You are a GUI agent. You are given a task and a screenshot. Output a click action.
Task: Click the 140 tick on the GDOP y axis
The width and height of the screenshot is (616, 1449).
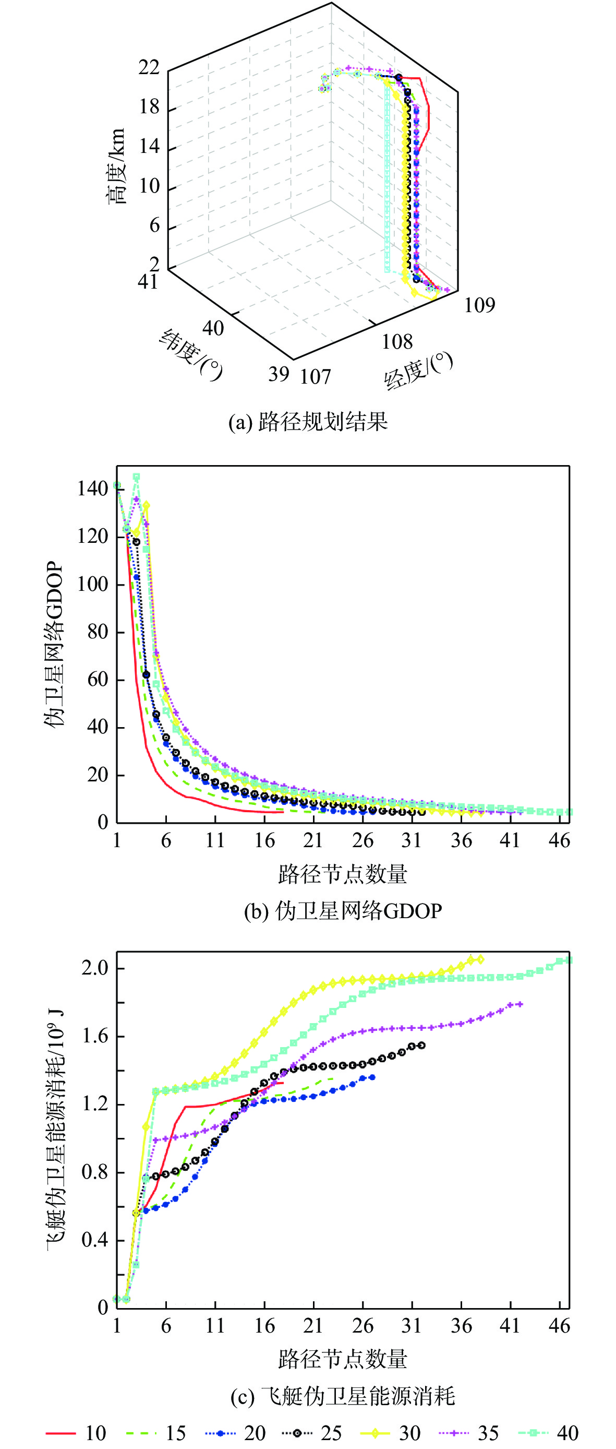[x=93, y=488]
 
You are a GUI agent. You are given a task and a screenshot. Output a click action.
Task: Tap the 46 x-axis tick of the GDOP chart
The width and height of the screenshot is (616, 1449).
[x=559, y=840]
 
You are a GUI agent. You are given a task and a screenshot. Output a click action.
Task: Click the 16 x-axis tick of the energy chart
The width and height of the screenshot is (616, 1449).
[x=264, y=1326]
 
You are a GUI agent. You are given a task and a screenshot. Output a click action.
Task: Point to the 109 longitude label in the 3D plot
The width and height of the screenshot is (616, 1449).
[x=479, y=305]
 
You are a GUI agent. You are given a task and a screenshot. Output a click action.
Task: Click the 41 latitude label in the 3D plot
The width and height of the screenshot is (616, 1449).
[x=148, y=281]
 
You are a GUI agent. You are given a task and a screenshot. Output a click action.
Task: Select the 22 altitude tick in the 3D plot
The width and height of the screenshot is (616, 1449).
[x=149, y=67]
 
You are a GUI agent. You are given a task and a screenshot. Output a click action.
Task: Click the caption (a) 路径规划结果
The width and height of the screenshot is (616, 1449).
[x=307, y=421]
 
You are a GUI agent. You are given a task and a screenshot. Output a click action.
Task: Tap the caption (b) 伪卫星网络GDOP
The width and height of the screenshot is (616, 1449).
[x=343, y=910]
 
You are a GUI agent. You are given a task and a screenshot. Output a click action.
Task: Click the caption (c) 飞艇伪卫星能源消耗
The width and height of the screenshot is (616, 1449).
[x=343, y=1396]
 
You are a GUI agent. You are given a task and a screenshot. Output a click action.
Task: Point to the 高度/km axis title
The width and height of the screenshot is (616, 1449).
[x=116, y=166]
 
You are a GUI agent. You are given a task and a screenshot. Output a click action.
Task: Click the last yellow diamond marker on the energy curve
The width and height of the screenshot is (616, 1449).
[x=480, y=959]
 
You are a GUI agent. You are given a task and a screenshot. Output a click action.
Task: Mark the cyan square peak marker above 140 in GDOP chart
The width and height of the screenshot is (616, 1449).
[x=136, y=477]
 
